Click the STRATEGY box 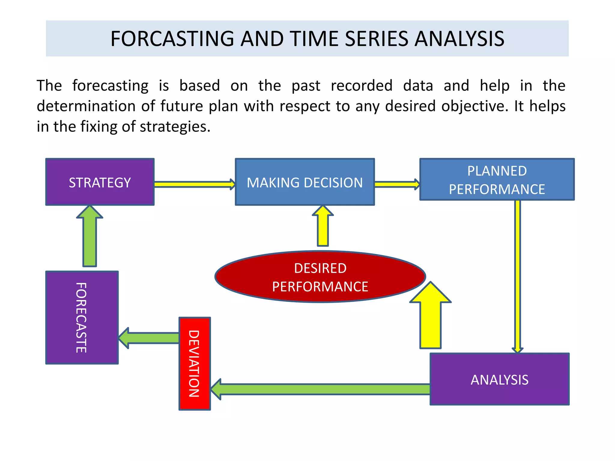pyautogui.click(x=100, y=182)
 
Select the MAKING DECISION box pyautogui.click(x=304, y=182)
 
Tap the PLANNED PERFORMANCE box pyautogui.click(x=497, y=179)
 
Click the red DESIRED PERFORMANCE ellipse pyautogui.click(x=320, y=277)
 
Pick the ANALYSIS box pyautogui.click(x=499, y=379)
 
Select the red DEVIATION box pyautogui.click(x=195, y=363)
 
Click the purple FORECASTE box pyautogui.click(x=82, y=318)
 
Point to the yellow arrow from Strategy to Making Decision pyautogui.click(x=194, y=184)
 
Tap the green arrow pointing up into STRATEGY pyautogui.click(x=89, y=237)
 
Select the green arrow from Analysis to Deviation pyautogui.click(x=321, y=389)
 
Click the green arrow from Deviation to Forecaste pyautogui.click(x=150, y=338)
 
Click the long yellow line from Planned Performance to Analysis pyautogui.click(x=517, y=276)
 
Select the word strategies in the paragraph pyautogui.click(x=175, y=126)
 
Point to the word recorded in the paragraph pyautogui.click(x=362, y=86)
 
